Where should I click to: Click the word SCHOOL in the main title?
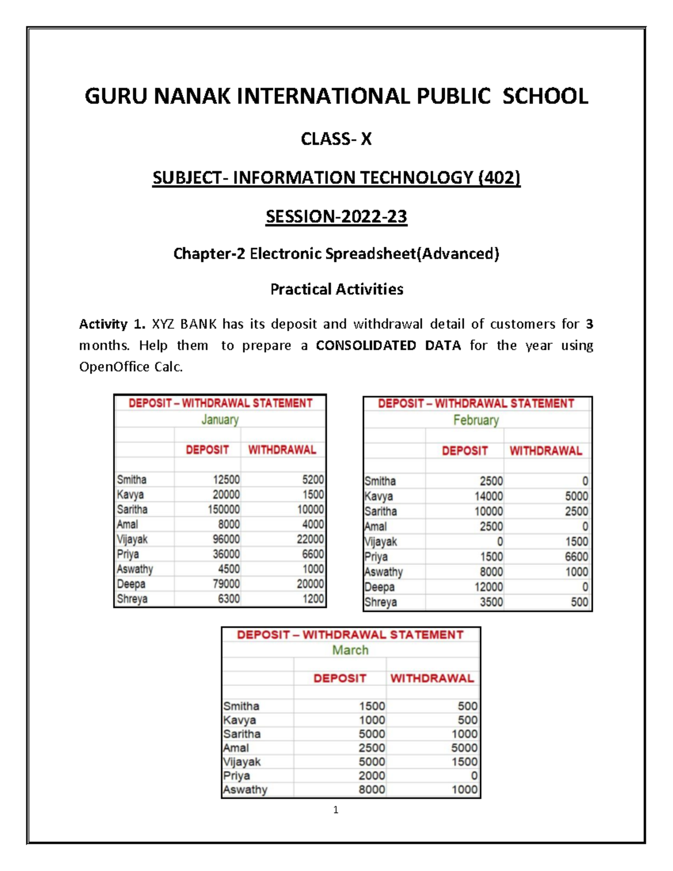click(x=545, y=96)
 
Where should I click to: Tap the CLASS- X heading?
click(x=336, y=139)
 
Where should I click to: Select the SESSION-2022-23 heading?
click(x=336, y=216)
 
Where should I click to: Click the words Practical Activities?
click(x=336, y=289)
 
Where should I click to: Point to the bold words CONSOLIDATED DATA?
click(x=388, y=345)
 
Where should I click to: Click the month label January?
click(x=220, y=420)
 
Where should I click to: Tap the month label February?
click(x=476, y=420)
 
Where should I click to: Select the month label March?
click(x=350, y=650)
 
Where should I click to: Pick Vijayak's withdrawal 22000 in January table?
click(x=310, y=539)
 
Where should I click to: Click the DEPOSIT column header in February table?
click(x=464, y=451)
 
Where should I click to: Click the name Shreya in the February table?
click(x=380, y=602)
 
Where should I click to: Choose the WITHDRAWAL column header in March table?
click(x=432, y=679)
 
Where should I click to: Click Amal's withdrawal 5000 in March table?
click(x=464, y=748)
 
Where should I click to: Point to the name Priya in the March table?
click(x=236, y=776)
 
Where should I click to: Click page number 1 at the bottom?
click(x=335, y=809)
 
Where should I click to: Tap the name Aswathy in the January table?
click(x=135, y=569)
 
